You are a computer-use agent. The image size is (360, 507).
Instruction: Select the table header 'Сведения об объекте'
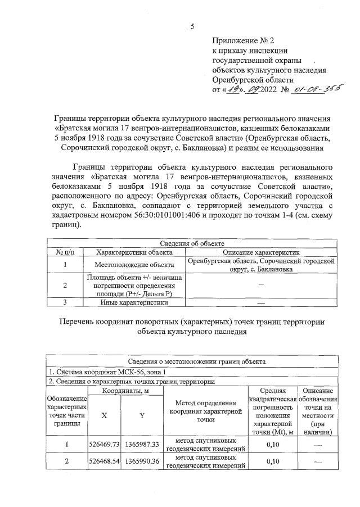192,243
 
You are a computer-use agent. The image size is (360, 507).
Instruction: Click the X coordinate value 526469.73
105,444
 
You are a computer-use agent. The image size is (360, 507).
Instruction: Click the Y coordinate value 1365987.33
141,444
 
